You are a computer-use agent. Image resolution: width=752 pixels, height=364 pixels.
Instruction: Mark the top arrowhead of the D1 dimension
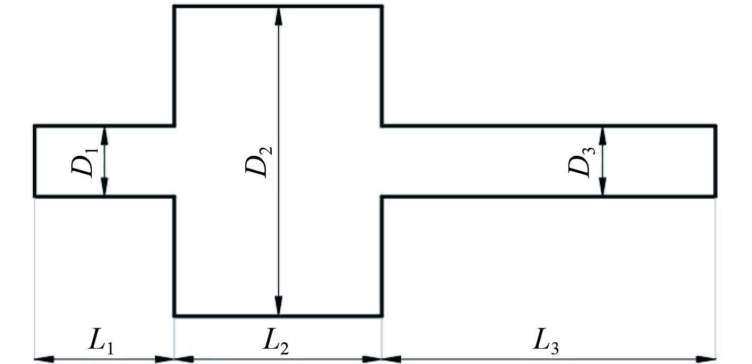105,135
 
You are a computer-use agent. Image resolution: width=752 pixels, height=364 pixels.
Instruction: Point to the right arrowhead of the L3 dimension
707,359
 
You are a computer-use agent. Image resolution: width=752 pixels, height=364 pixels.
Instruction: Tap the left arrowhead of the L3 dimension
392,359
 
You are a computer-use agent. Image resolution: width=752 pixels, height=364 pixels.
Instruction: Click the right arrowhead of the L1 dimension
165,359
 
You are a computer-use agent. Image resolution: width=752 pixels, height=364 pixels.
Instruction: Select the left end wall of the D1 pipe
35,161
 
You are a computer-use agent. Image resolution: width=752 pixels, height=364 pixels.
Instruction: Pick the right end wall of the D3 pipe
716,161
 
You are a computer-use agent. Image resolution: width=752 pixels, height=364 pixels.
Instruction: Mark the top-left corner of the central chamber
175,6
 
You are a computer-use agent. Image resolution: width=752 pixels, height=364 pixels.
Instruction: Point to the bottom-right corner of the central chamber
382,316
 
